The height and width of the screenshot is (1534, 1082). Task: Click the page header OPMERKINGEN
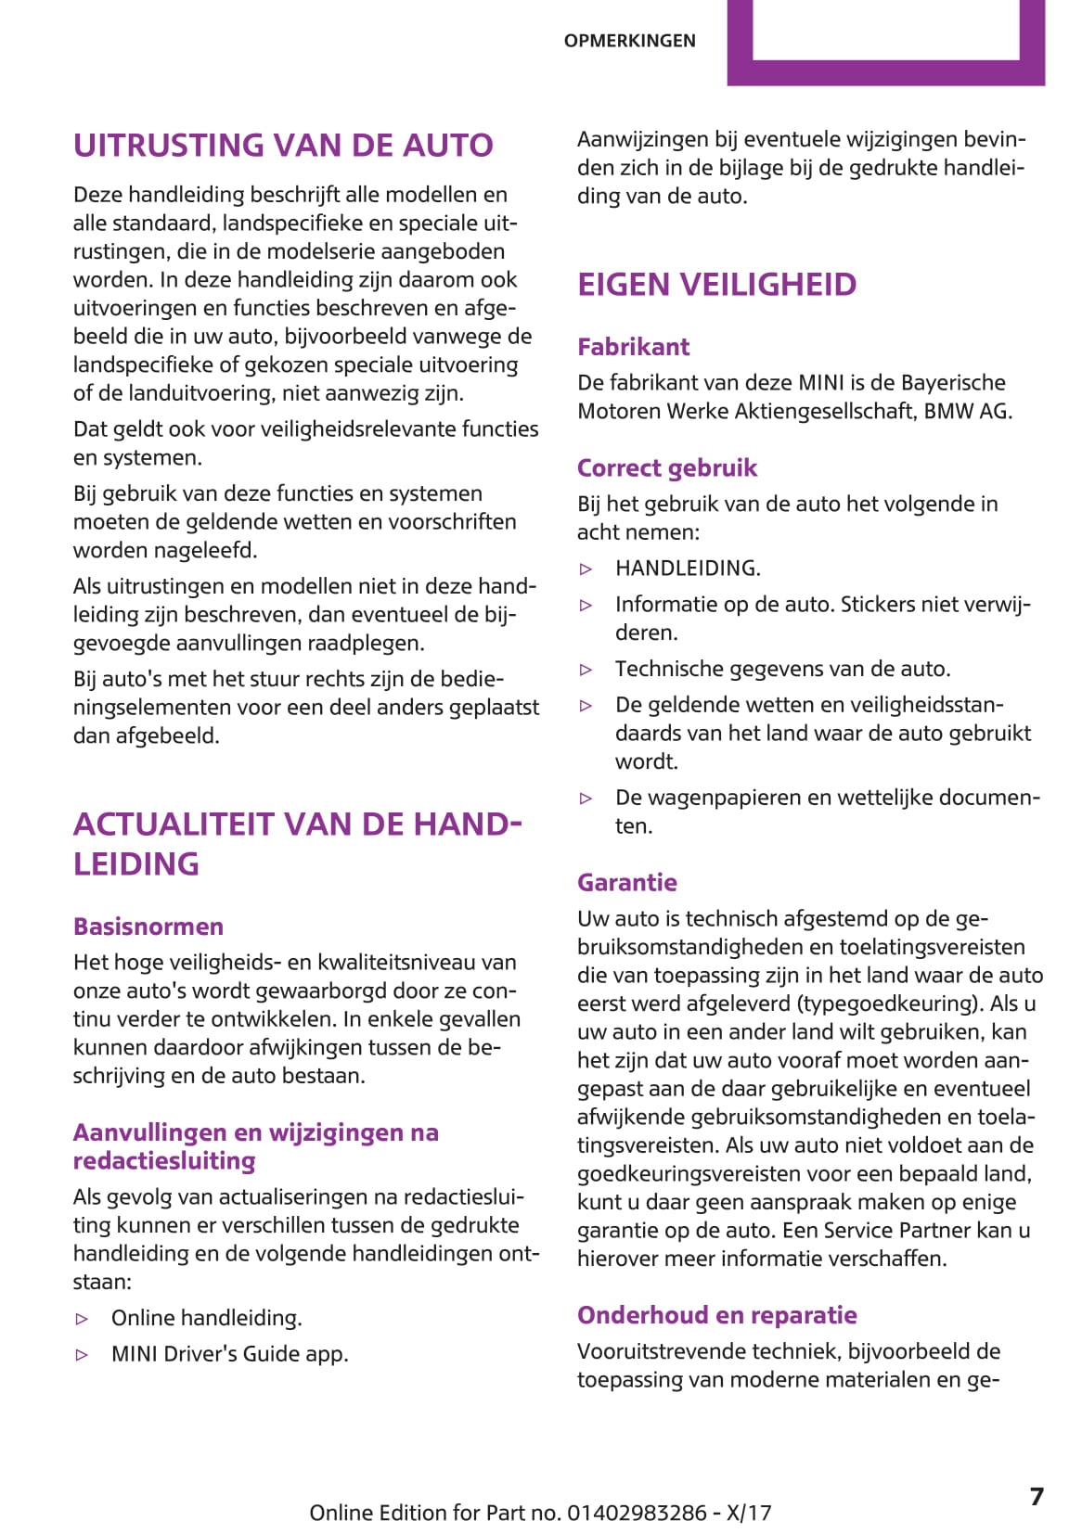coord(629,41)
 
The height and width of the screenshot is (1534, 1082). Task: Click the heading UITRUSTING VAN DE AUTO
coord(283,146)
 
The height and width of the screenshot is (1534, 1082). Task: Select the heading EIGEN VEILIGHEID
coord(716,285)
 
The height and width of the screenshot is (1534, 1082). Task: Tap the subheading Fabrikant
coord(633,347)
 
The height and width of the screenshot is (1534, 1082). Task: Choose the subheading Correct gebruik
coord(666,467)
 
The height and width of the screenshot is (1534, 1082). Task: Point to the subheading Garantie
coord(626,882)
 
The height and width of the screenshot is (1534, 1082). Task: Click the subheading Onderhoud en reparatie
coord(716,1315)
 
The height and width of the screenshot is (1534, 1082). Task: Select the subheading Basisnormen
coord(148,927)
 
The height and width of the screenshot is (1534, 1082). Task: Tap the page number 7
coord(1037,1497)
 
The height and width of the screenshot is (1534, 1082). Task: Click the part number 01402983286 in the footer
coord(637,1513)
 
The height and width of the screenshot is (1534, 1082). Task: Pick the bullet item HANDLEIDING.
coord(688,569)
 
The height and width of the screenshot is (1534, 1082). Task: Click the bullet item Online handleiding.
coord(206,1318)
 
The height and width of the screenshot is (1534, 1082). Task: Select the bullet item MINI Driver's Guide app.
coord(229,1354)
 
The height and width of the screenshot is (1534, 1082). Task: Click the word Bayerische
coord(953,382)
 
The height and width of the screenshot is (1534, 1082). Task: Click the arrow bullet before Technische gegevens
coord(586,670)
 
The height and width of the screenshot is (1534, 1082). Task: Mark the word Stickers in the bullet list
coord(879,605)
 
